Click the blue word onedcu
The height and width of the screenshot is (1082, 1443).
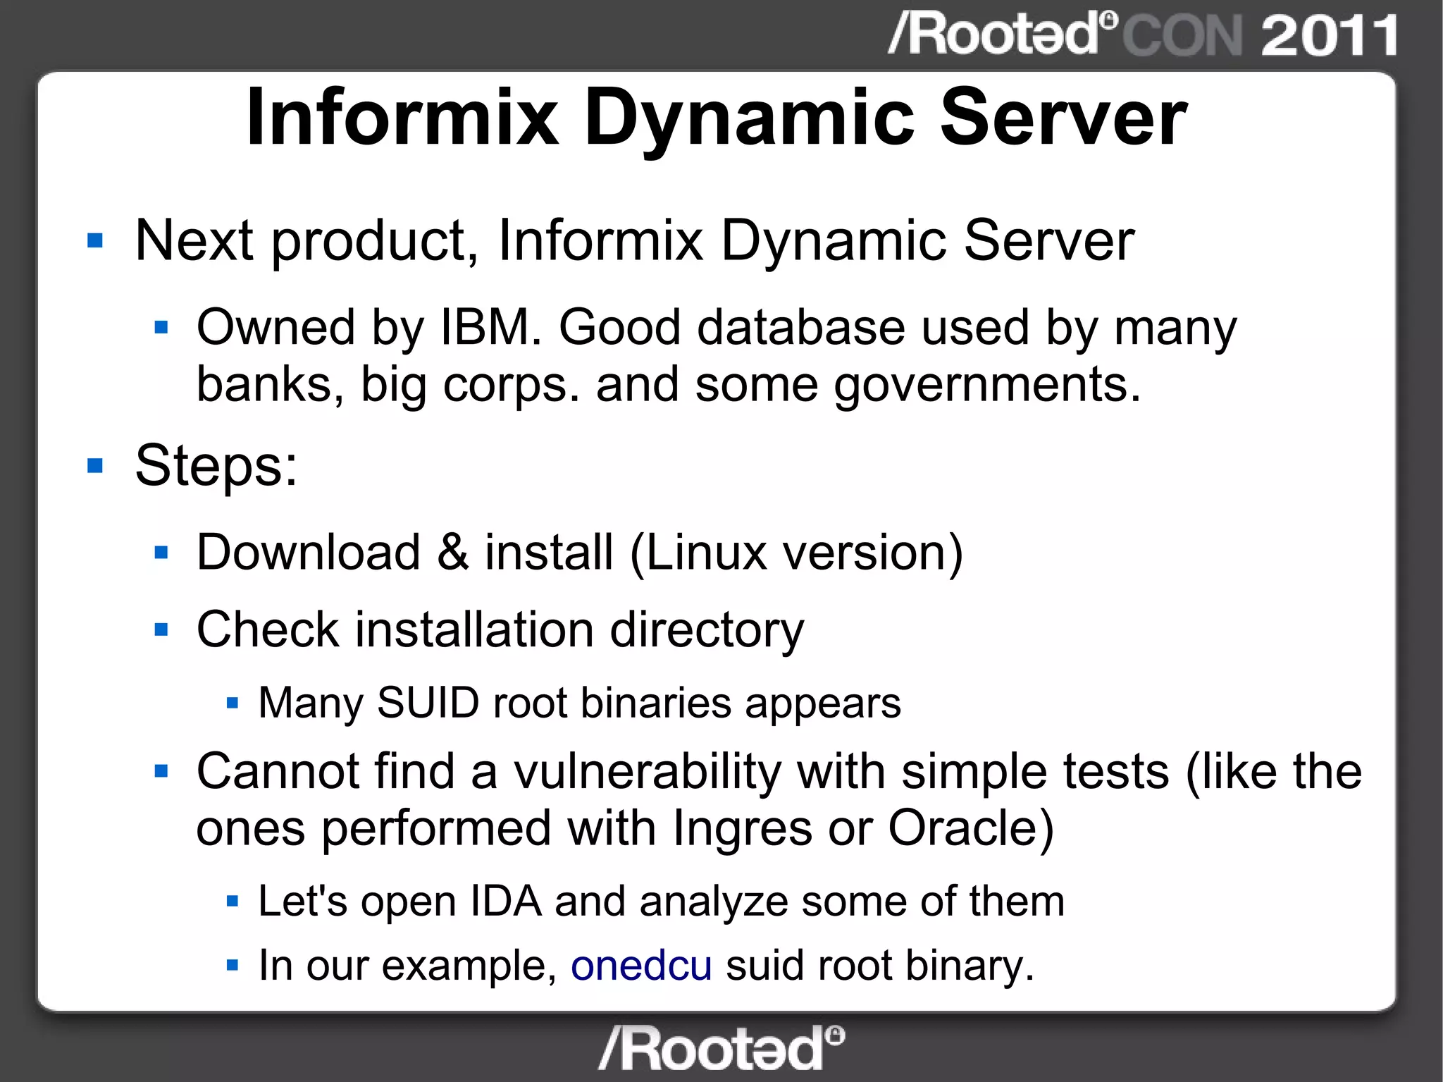[640, 965]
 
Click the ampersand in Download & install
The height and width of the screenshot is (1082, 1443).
[452, 552]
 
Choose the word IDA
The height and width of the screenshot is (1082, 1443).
[505, 901]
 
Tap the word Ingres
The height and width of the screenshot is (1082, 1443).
[742, 829]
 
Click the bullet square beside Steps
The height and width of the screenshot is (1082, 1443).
[95, 466]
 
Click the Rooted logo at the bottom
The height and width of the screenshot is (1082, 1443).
[721, 1048]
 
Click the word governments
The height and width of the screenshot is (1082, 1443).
[987, 385]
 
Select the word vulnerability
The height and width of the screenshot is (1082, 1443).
[647, 771]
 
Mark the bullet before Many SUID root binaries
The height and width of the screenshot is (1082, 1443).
[233, 703]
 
